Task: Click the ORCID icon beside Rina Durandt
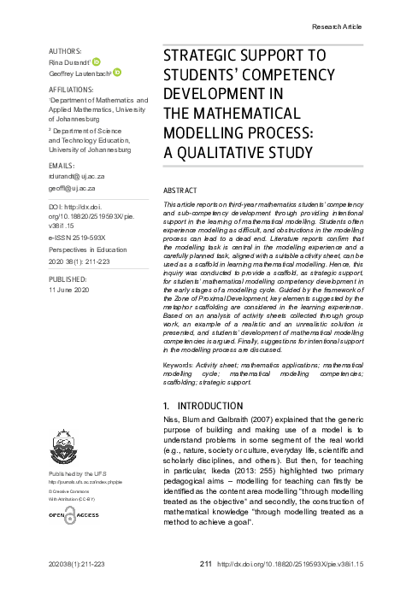pyautogui.click(x=96, y=62)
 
